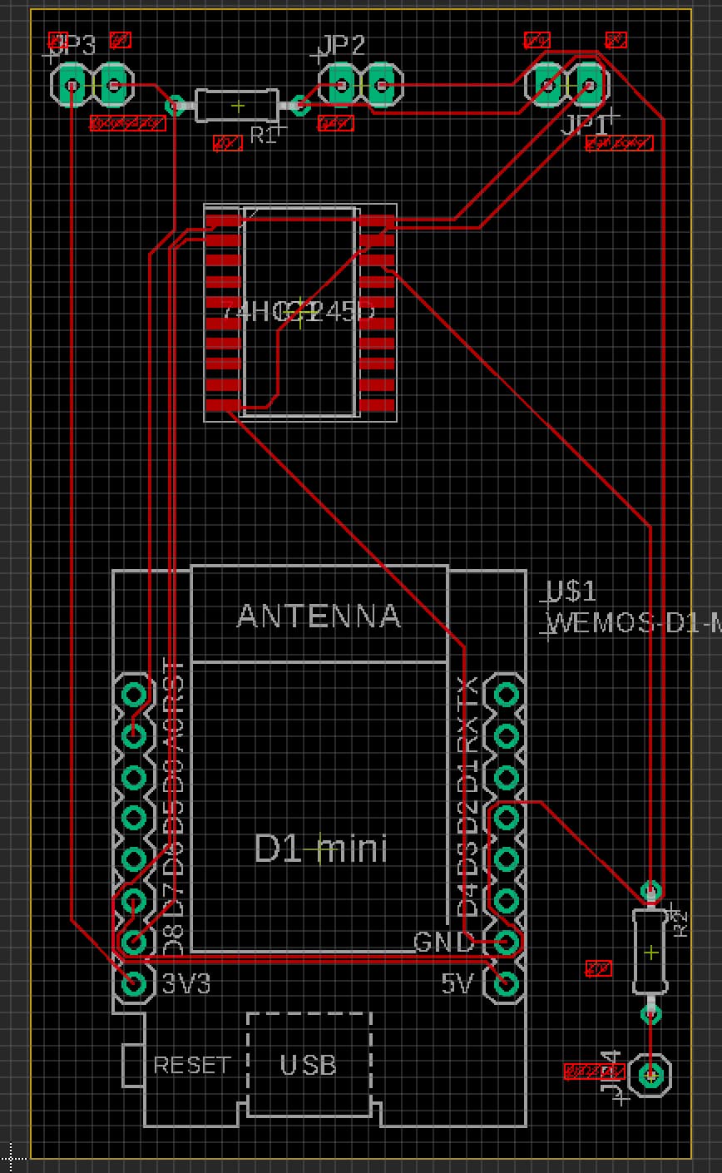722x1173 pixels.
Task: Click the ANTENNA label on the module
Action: tap(319, 616)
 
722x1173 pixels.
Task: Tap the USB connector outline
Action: tap(309, 1064)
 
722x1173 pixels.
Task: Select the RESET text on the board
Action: tap(191, 1065)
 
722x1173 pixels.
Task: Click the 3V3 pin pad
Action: tap(133, 983)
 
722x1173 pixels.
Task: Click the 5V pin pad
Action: tap(506, 983)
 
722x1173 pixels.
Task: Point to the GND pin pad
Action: tap(506, 942)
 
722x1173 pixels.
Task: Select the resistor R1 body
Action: tap(237, 106)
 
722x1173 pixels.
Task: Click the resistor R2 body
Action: tap(650, 952)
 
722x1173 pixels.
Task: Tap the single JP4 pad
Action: tap(650, 1075)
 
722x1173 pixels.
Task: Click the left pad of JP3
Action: tap(72, 85)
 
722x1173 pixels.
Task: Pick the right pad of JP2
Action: tap(381, 85)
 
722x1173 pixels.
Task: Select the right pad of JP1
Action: tap(589, 85)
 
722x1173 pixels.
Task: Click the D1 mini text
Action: tap(320, 849)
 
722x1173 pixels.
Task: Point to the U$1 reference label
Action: tap(572, 591)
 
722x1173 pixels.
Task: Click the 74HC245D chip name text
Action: tap(299, 312)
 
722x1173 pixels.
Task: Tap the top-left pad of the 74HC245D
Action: tap(223, 221)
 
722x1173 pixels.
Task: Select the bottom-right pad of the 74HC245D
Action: tap(377, 405)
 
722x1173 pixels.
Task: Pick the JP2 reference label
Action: tap(343, 46)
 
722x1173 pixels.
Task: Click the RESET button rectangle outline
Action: tap(132, 1065)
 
